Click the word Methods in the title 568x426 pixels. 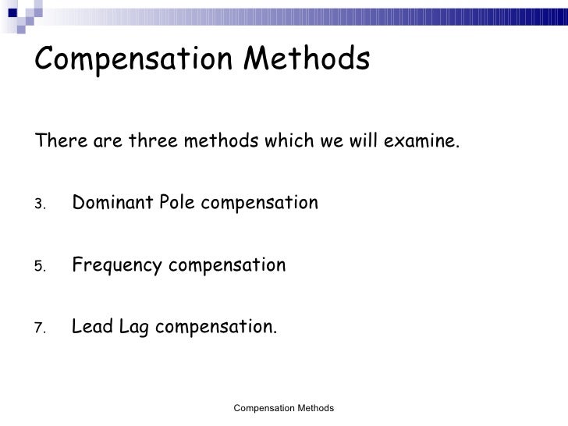[309, 58]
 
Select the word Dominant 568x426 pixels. [112, 204]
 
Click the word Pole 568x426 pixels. [177, 204]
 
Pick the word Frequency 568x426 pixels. [117, 266]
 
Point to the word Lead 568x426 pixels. [92, 328]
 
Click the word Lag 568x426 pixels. [135, 328]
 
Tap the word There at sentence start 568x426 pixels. [59, 143]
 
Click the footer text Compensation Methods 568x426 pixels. [284, 408]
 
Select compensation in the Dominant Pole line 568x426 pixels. [258, 204]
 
